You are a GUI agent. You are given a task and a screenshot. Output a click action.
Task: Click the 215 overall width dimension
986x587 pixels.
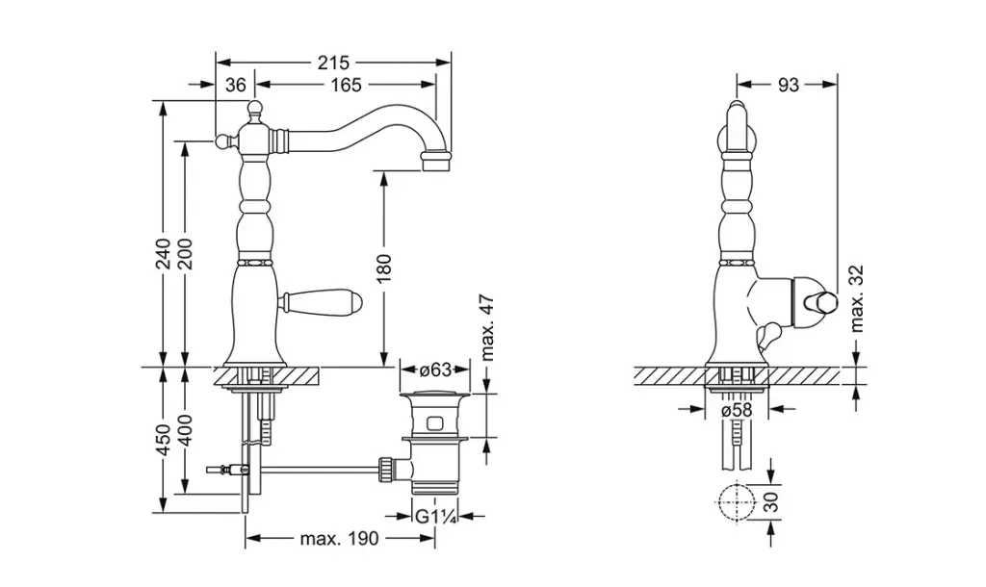[333, 63]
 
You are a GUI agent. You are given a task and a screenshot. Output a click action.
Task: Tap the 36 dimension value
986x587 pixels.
[236, 85]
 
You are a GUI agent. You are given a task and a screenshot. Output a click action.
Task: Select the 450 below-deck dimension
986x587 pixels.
[164, 438]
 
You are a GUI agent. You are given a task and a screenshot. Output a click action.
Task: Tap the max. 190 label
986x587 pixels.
[339, 538]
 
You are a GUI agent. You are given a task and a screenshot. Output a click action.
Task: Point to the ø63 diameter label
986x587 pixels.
[434, 369]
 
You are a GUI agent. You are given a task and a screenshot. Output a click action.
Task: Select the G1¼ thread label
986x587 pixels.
[435, 516]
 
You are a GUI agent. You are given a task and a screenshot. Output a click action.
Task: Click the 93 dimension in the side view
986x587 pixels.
[789, 85]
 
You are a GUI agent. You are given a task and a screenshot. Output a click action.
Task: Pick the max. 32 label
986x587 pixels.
[857, 299]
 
